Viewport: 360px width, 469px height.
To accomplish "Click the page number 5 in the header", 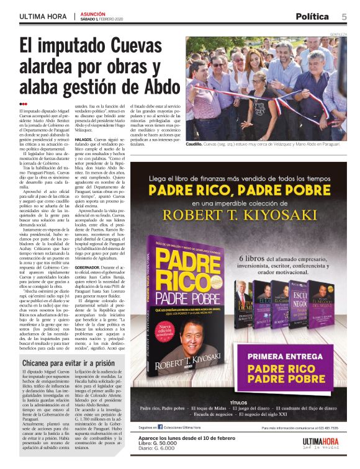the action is coord(344,16).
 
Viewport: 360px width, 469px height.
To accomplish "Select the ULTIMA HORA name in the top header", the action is coord(44,16).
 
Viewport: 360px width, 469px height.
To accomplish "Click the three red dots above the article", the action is coord(23,104).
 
